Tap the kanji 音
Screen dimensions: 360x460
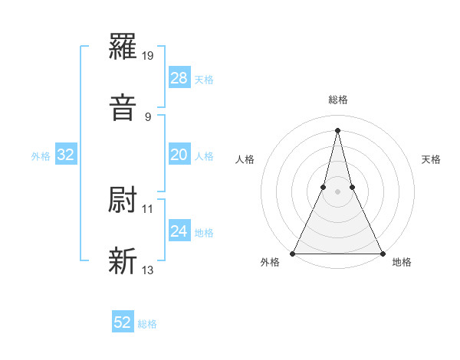(x=123, y=106)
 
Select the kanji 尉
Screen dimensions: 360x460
(x=123, y=200)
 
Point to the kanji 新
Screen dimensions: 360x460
(x=123, y=260)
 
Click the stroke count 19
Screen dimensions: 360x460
(x=149, y=56)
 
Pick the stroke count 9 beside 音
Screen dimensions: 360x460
(x=148, y=116)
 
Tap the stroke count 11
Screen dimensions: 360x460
(x=148, y=208)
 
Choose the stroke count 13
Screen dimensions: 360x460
(x=148, y=270)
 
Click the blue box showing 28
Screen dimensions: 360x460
(x=179, y=78)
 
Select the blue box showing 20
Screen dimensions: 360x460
(x=179, y=155)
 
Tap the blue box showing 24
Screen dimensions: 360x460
(x=179, y=231)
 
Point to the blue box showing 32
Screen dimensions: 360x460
(x=66, y=155)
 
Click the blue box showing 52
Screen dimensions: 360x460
(x=123, y=323)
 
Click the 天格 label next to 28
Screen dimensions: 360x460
(x=204, y=79)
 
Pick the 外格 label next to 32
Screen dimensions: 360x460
(x=41, y=156)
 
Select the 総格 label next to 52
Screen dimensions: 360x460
(x=147, y=324)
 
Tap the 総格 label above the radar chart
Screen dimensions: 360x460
(x=338, y=100)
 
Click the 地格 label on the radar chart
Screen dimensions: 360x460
(x=402, y=263)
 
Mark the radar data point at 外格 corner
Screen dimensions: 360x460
(x=293, y=253)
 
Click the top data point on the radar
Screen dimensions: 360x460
(x=337, y=129)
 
